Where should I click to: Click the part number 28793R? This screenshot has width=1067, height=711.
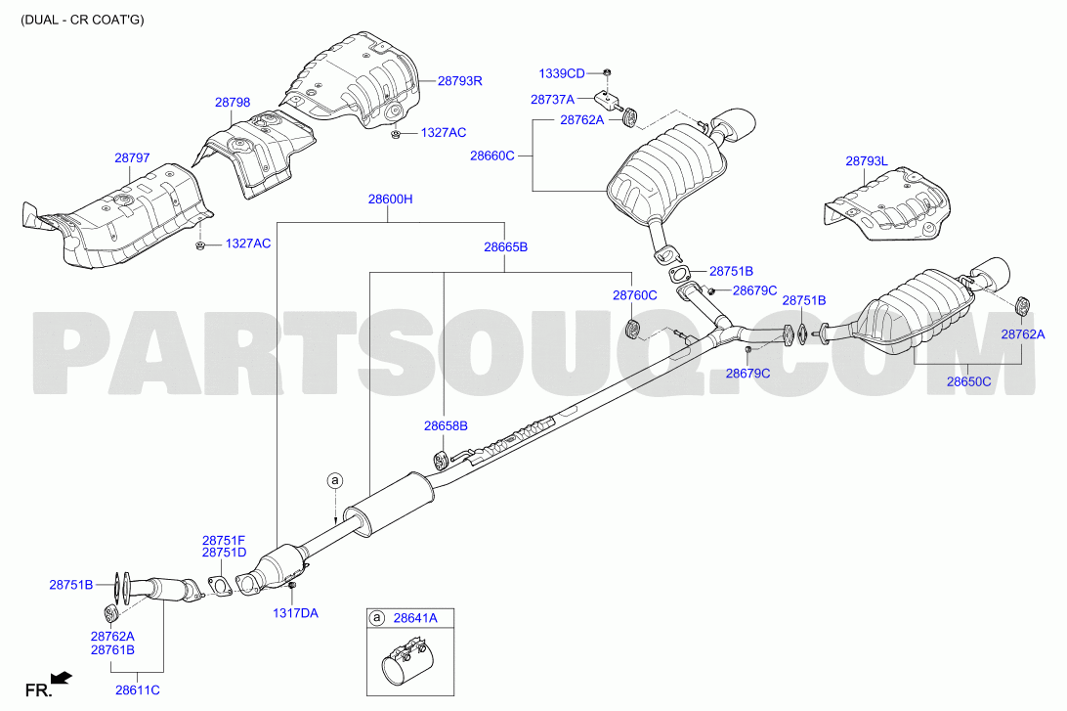(x=459, y=81)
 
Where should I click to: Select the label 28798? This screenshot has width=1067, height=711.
(x=233, y=102)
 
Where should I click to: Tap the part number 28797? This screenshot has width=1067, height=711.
(x=132, y=158)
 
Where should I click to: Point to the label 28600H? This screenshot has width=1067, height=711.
(x=390, y=200)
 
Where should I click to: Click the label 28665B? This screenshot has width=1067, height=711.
(x=505, y=247)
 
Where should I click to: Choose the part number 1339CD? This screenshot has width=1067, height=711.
(x=562, y=73)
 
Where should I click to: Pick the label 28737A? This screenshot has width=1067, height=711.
(x=553, y=100)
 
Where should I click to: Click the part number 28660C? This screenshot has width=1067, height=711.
(x=492, y=156)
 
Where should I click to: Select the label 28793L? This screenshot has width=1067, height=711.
(x=867, y=161)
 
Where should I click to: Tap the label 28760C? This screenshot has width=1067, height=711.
(x=635, y=295)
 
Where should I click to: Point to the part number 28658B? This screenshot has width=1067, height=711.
(x=446, y=426)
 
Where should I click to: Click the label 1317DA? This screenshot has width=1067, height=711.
(x=295, y=613)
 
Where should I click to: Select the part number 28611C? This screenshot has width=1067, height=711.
(x=138, y=689)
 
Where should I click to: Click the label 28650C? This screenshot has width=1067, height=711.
(x=968, y=382)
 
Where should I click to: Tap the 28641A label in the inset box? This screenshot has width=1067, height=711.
(x=415, y=618)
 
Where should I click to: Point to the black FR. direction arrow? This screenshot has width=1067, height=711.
(x=62, y=678)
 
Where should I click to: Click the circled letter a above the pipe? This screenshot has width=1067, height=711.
(x=334, y=481)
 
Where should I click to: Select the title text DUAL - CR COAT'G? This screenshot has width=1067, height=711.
(x=82, y=19)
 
